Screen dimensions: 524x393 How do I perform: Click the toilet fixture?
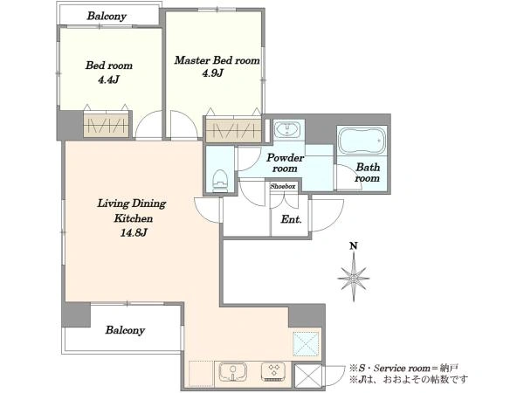(x=220, y=181)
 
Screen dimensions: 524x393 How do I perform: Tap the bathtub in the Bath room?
(x=362, y=141)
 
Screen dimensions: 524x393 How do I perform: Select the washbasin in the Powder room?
(x=287, y=129)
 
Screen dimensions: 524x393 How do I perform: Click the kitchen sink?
(x=233, y=372)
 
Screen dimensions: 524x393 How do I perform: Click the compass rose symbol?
(x=354, y=277)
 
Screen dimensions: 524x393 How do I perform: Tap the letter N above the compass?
(x=354, y=246)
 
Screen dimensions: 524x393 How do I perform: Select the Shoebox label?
(x=283, y=186)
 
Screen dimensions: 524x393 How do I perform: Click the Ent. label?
(x=291, y=219)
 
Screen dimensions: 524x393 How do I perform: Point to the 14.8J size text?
(x=134, y=233)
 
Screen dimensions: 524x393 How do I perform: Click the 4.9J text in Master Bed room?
(x=212, y=73)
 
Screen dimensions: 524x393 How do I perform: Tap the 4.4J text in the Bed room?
(x=108, y=79)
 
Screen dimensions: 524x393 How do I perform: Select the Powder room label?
(x=285, y=162)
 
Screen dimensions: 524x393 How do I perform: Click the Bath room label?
(x=368, y=172)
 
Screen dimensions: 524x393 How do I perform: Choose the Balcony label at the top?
(x=107, y=16)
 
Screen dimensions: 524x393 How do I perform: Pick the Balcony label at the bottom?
(x=125, y=330)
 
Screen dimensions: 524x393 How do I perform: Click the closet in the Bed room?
(x=106, y=126)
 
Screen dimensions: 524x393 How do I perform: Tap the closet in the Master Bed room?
(x=233, y=129)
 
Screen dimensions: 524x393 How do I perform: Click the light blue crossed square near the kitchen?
(x=307, y=344)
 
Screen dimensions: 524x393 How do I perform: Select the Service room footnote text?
(x=403, y=369)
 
